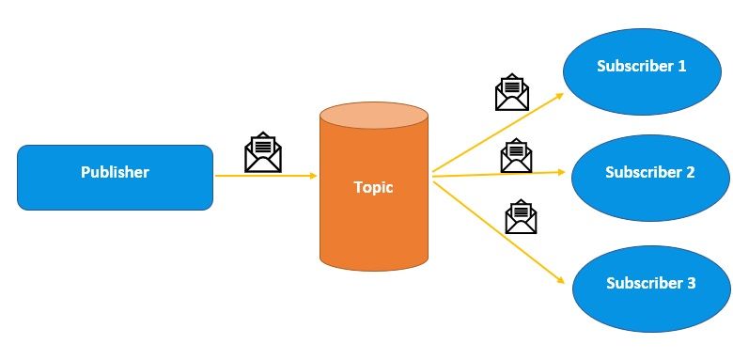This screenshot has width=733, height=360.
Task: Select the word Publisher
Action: (x=115, y=173)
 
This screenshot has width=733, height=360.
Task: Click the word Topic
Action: (x=373, y=187)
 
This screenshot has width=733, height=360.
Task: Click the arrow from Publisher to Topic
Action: (x=263, y=176)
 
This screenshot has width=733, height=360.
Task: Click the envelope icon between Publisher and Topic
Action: (x=263, y=152)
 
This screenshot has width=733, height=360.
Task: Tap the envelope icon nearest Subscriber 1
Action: (x=512, y=92)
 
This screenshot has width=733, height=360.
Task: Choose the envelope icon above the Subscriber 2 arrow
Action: (x=517, y=155)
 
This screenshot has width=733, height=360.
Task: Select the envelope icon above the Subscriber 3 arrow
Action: (x=521, y=216)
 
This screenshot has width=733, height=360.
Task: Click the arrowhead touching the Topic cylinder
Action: (x=313, y=176)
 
